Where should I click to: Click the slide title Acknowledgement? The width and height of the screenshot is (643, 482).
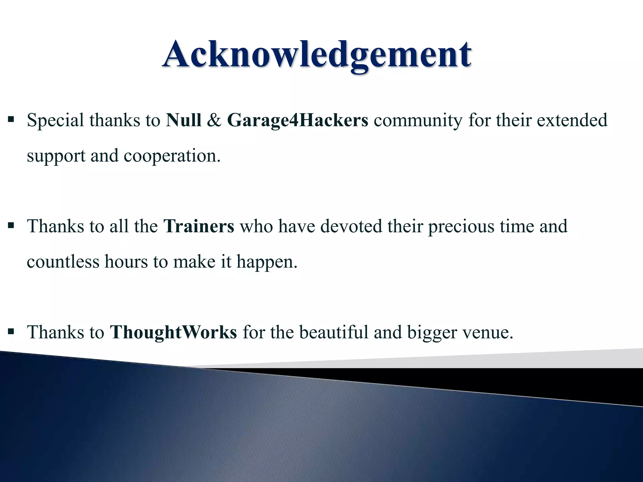316,54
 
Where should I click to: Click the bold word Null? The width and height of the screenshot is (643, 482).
184,120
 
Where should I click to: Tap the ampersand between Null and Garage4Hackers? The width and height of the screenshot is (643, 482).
214,120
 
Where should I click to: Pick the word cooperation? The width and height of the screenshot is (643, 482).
172,156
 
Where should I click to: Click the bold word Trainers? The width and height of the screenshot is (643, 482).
199,226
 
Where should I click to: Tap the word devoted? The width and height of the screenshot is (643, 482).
351,226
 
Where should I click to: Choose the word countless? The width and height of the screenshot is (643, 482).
63,262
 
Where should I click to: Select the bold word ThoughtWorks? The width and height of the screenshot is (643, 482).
173,332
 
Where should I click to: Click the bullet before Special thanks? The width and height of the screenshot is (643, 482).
11,119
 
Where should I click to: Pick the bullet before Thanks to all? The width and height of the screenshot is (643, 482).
11,225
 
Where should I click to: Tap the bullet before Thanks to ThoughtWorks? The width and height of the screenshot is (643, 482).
11,331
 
